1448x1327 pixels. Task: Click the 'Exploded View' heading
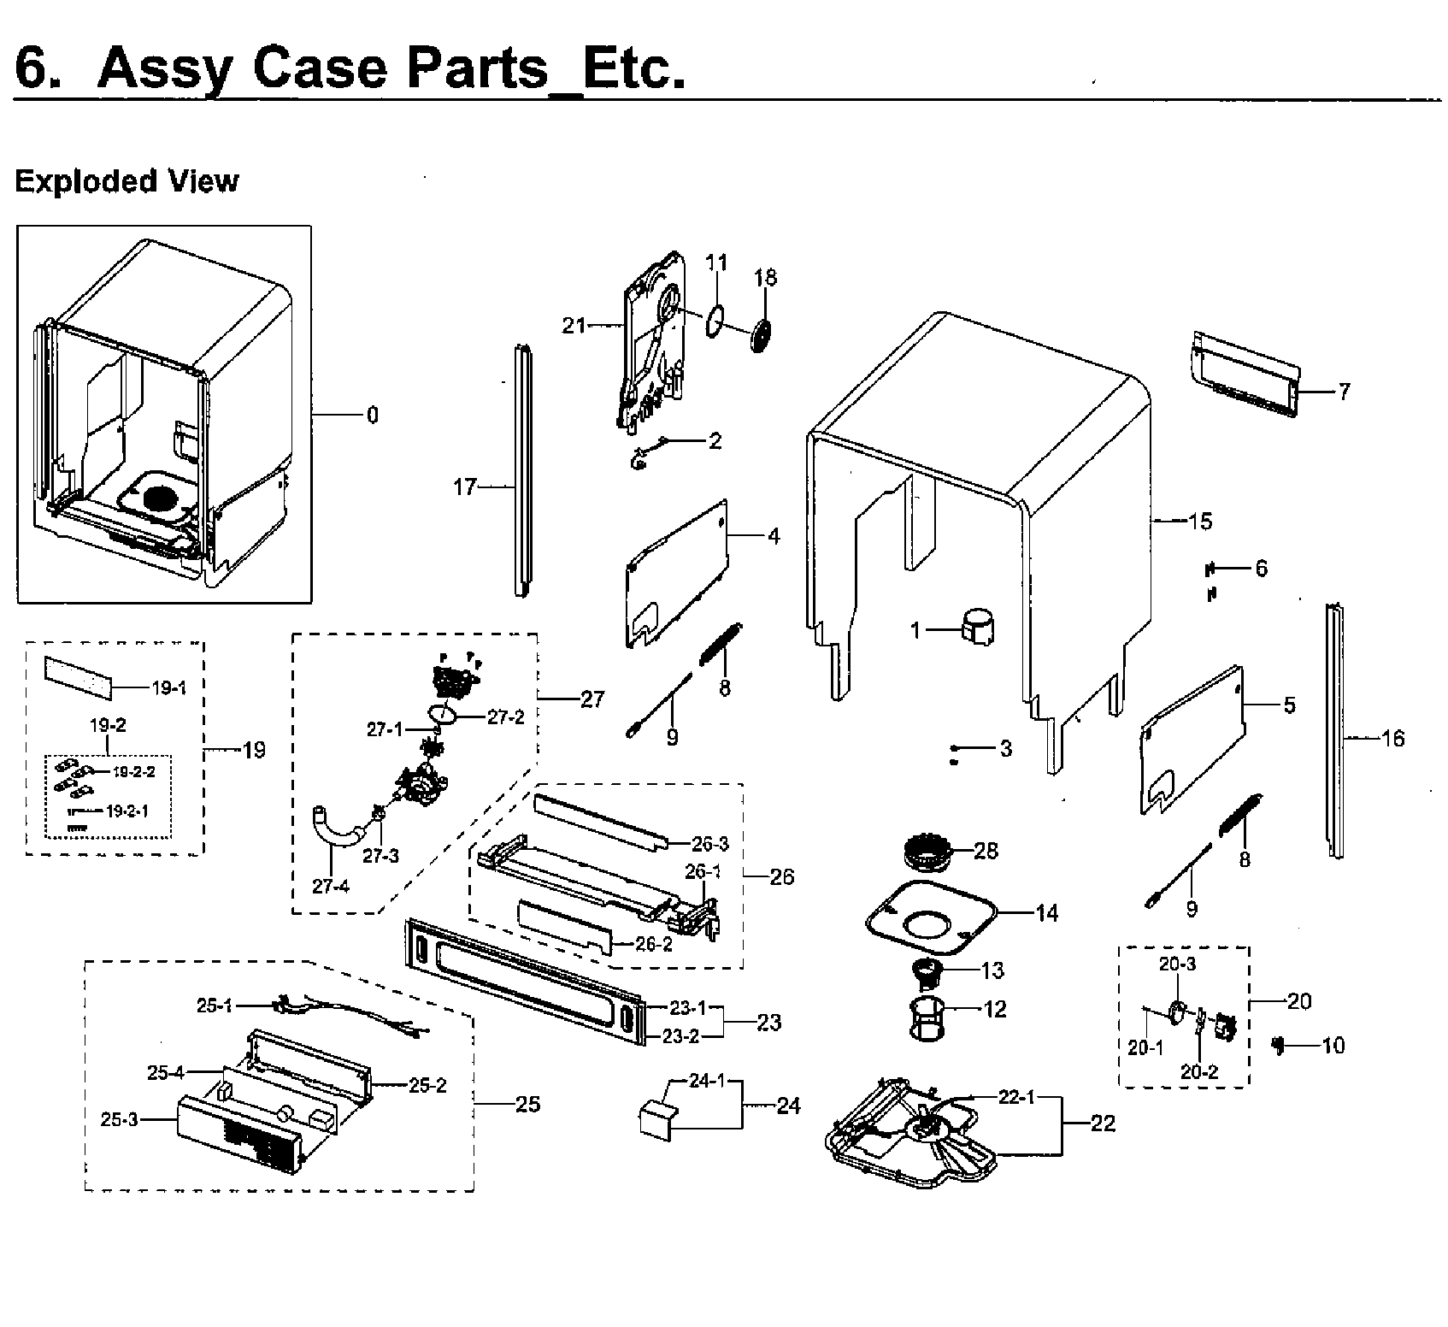coord(127,181)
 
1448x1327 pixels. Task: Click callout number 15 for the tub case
coord(1200,521)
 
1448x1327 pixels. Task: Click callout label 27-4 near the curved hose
coord(330,886)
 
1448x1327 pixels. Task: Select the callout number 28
coord(986,851)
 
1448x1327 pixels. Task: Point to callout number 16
coord(1392,738)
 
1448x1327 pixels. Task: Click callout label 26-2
coord(654,944)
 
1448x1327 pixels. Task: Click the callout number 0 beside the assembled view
coord(372,416)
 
